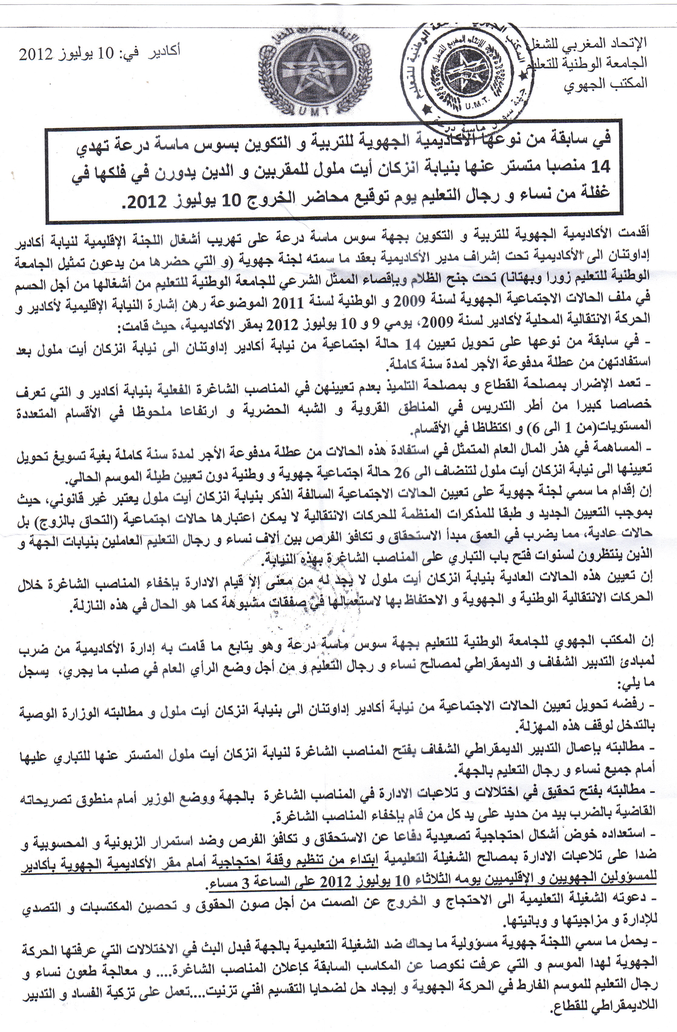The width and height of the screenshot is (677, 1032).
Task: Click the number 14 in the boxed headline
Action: [600, 166]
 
